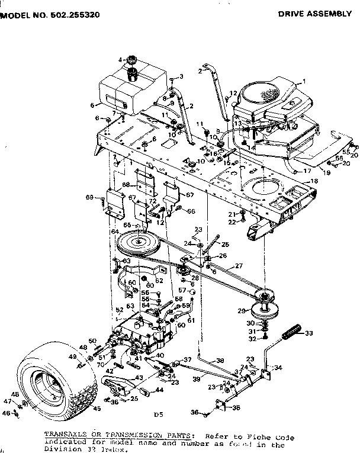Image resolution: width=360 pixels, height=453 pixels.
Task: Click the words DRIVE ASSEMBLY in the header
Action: pyautogui.click(x=319, y=13)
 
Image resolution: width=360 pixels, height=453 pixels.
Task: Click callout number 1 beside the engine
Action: pyautogui.click(x=304, y=81)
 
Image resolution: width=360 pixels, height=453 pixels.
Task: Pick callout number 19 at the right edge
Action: pyautogui.click(x=343, y=172)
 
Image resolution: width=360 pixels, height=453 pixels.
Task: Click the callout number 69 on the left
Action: pyautogui.click(x=89, y=197)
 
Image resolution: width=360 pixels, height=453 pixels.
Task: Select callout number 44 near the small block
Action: pyautogui.click(x=160, y=390)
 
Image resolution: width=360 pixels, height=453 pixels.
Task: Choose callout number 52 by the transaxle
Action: pyautogui.click(x=120, y=309)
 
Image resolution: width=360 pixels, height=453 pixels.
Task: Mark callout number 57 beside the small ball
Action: pyautogui.click(x=184, y=291)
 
